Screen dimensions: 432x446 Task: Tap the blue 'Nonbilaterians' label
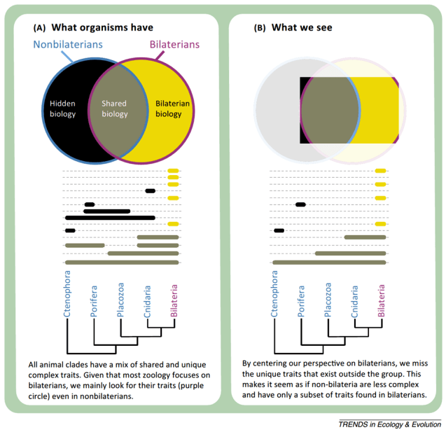pos(67,44)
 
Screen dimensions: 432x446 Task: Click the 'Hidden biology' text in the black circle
pos(62,109)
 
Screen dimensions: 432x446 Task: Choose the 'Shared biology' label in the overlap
pos(115,109)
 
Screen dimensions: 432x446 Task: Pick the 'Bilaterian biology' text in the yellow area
pos(168,109)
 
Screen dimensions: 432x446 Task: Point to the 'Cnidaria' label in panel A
pos(148,303)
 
